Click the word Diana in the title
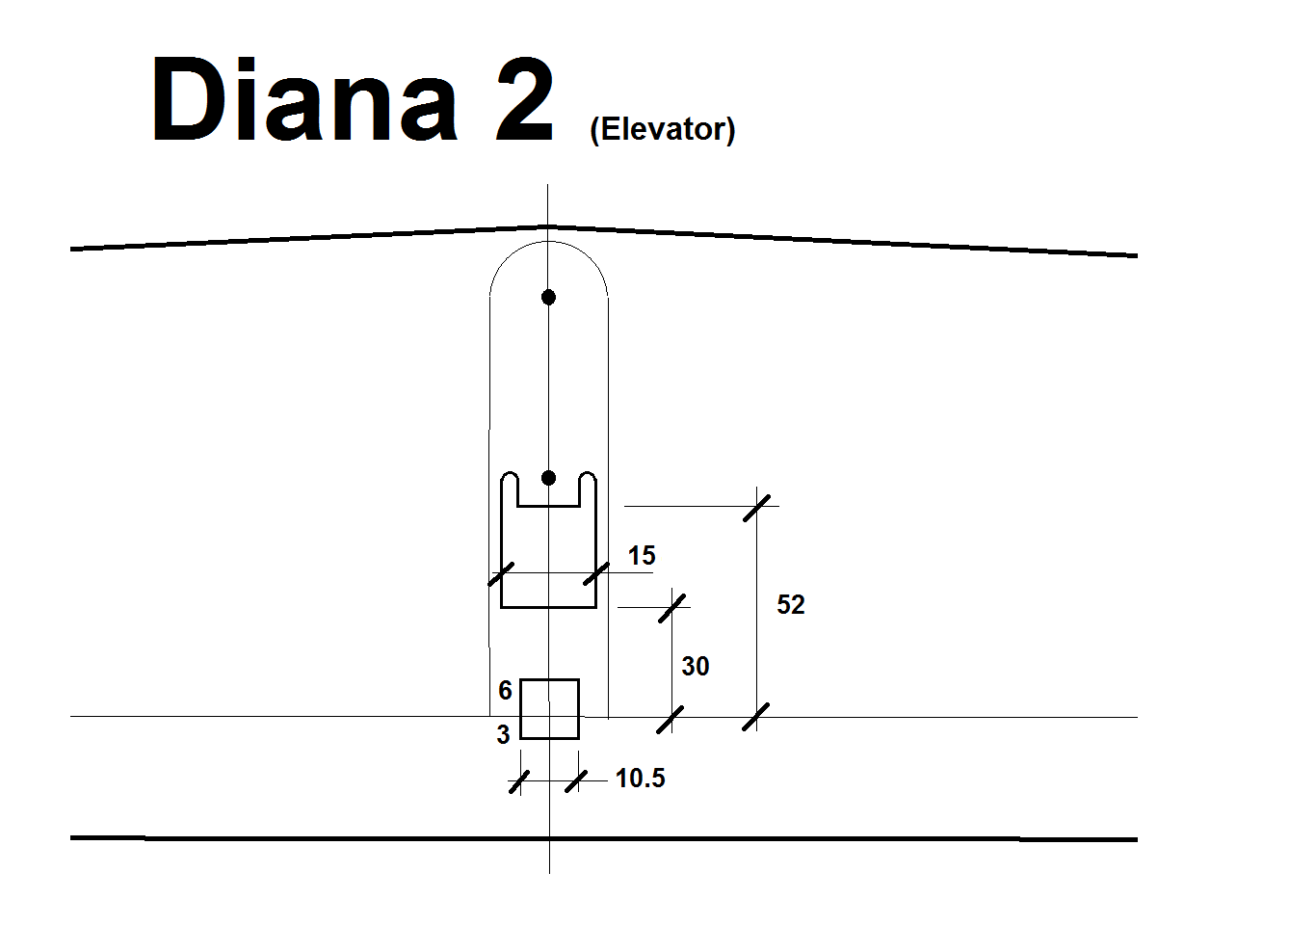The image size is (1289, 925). tap(304, 100)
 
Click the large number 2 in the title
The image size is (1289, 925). tap(525, 100)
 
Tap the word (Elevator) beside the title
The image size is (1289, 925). tap(662, 129)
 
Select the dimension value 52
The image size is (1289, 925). tap(790, 605)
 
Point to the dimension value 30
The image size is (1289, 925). tap(695, 667)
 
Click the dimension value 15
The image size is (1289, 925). tap(642, 556)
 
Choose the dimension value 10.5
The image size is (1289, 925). tap(640, 779)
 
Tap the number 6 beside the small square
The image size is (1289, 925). tap(505, 691)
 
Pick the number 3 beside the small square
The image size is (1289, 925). tap(503, 735)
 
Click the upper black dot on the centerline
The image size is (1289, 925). tap(548, 297)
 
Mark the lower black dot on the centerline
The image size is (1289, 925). tap(548, 478)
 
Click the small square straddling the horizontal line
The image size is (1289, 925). tap(549, 709)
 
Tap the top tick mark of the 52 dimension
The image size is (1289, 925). tap(757, 507)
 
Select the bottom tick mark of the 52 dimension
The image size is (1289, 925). tap(756, 717)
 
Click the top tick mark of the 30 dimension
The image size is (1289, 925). tap(672, 608)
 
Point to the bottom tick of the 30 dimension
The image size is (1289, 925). tap(671, 719)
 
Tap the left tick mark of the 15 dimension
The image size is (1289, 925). tap(501, 574)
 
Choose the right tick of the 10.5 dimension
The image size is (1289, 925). tap(576, 780)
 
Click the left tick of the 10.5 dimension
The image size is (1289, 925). tap(519, 781)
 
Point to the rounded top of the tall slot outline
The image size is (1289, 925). tap(548, 244)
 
